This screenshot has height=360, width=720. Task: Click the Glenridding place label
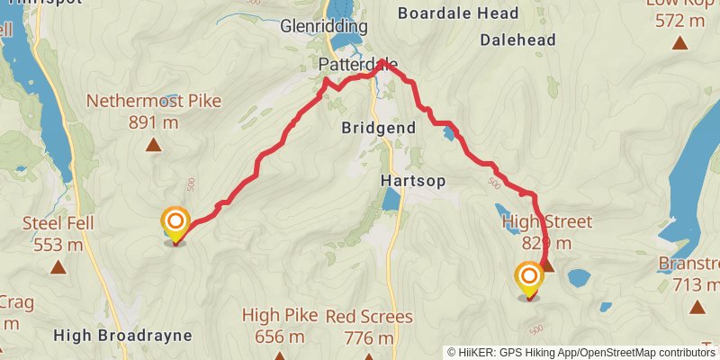[x=319, y=25]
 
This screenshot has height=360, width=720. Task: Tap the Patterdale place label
[x=358, y=65]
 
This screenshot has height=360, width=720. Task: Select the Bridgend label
[x=378, y=129]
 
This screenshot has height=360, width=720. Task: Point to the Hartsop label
[x=414, y=181]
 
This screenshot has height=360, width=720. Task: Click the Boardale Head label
[x=458, y=13]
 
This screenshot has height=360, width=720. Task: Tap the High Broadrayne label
[x=123, y=336]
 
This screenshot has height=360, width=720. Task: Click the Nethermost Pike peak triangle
[x=154, y=144]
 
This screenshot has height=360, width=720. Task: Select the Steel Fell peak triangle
[x=58, y=266]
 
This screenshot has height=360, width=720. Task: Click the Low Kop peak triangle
[x=679, y=42]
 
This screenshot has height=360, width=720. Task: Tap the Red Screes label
[x=369, y=317]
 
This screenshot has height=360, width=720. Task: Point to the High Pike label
[x=280, y=316]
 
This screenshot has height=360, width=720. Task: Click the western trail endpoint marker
[x=175, y=222]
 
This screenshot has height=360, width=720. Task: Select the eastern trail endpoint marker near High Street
[x=528, y=277]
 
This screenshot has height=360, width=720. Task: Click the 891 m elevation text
[x=154, y=122]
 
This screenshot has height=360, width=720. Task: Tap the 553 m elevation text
[x=58, y=244]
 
